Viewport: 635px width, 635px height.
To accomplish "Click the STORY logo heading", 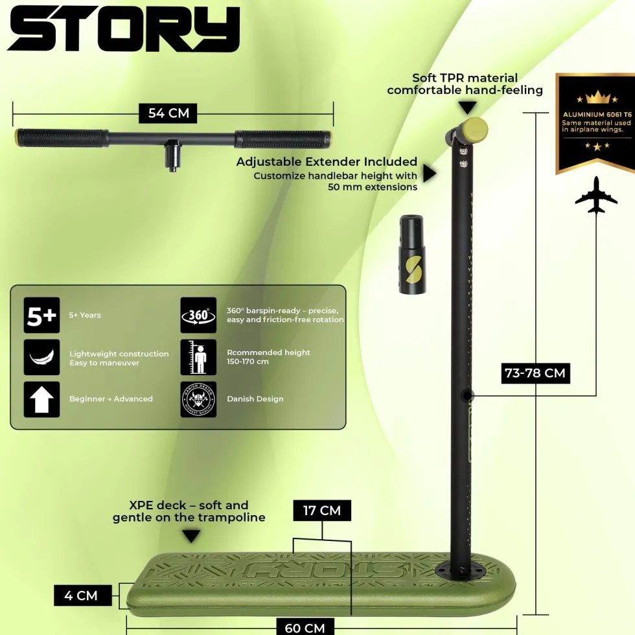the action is [x=124, y=29].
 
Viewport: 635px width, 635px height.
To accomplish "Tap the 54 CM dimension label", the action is [x=168, y=113].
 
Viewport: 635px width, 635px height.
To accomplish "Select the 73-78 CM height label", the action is [x=535, y=373].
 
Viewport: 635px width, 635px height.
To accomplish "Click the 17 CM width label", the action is [x=322, y=511].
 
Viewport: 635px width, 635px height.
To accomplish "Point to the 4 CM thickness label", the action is [x=83, y=595].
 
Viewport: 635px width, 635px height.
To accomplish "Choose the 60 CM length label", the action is [x=305, y=627].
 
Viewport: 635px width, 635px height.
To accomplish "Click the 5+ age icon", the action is [x=41, y=315].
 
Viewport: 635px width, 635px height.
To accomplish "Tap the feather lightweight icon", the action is [x=41, y=357].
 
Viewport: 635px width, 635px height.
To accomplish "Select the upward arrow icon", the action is [x=41, y=399].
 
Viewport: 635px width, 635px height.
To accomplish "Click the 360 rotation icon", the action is [x=198, y=315].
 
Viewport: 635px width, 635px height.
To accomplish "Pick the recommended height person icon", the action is [x=198, y=357].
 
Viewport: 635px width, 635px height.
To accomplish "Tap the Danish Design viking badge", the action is [x=198, y=399].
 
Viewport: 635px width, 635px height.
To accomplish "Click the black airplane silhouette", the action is [x=596, y=196].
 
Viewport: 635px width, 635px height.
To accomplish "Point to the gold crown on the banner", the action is [x=597, y=98].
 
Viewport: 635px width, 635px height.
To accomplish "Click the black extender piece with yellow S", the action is [x=411, y=254].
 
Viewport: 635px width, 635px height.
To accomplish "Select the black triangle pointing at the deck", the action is [x=191, y=537].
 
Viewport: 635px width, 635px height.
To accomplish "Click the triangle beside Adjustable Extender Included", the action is [x=430, y=174].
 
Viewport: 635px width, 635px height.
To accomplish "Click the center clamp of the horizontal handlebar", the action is [x=173, y=155].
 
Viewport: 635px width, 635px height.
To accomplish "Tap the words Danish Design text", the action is [x=255, y=399].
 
